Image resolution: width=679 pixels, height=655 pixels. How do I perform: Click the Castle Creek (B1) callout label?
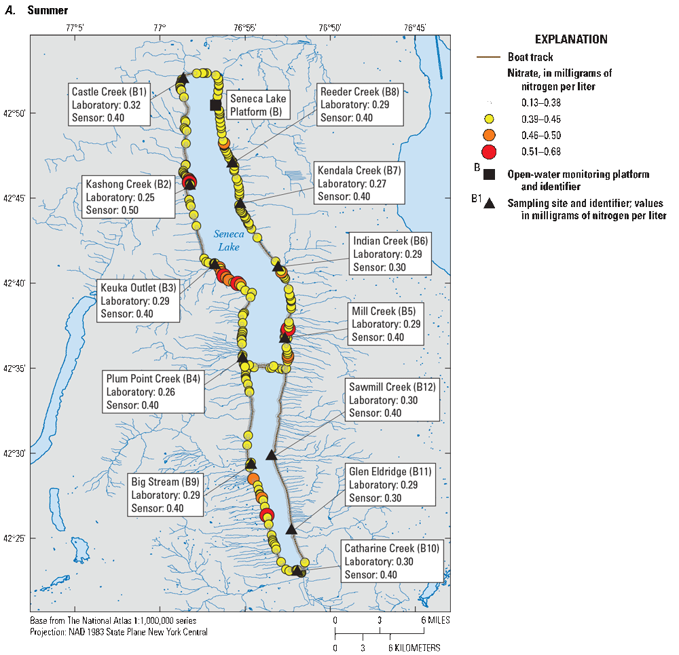pyautogui.click(x=108, y=105)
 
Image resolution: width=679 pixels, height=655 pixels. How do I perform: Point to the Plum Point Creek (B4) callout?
pyautogui.click(x=154, y=392)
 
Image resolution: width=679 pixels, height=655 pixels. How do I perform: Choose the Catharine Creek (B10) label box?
pyautogui.click(x=393, y=561)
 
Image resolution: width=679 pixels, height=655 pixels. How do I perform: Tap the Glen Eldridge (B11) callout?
pyautogui.click(x=390, y=485)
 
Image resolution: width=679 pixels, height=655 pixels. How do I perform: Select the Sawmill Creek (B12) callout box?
pyautogui.click(x=392, y=400)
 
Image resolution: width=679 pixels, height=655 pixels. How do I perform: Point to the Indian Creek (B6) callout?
pyautogui.click(x=391, y=254)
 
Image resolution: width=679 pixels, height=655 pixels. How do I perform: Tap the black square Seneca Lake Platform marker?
pyautogui.click(x=215, y=105)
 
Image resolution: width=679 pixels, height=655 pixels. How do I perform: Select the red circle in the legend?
pyautogui.click(x=490, y=151)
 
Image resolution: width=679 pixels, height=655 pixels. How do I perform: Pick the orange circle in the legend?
pyautogui.click(x=490, y=134)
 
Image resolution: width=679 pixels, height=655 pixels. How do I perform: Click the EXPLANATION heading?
pyautogui.click(x=571, y=39)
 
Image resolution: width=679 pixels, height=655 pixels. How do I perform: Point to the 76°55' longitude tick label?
pyautogui.click(x=244, y=28)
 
